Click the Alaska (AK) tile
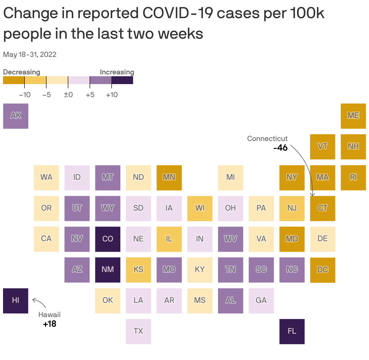coord(16,116)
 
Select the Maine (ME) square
coord(353,116)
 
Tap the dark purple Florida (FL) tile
coord(292,332)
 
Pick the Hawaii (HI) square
coord(16,301)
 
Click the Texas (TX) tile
coord(138,332)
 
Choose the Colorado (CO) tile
coord(108,239)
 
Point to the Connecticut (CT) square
coord(322,208)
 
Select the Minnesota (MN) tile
coord(169,178)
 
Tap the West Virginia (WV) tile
coord(230,239)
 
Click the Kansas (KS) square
coord(138,270)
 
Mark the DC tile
coord(322,270)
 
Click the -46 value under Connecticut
coord(280,148)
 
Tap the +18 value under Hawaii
coord(50,324)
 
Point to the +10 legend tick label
coord(112,95)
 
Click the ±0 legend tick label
coord(68,95)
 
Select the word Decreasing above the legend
coord(21,72)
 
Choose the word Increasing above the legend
coord(117,72)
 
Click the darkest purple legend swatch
coord(122,80)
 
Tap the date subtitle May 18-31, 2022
coord(30,54)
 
